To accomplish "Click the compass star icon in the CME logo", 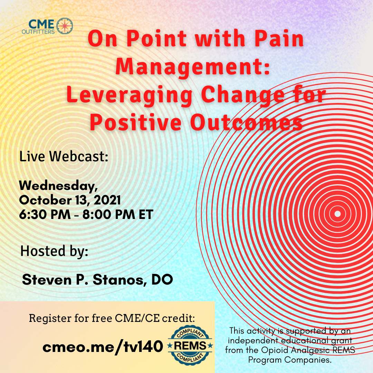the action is [65, 26].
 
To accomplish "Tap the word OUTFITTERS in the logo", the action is [38, 31].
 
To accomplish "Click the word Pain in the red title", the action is [279, 39].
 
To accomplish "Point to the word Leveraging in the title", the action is [129, 96].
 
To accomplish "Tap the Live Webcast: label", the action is [64, 156].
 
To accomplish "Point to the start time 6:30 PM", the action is [45, 214].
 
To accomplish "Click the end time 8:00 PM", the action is [109, 214].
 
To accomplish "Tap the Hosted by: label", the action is [54, 251].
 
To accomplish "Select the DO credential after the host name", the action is [162, 279].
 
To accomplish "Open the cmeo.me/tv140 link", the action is [103, 346].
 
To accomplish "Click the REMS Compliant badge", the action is [190, 345].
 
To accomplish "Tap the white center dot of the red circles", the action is [337, 214].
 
